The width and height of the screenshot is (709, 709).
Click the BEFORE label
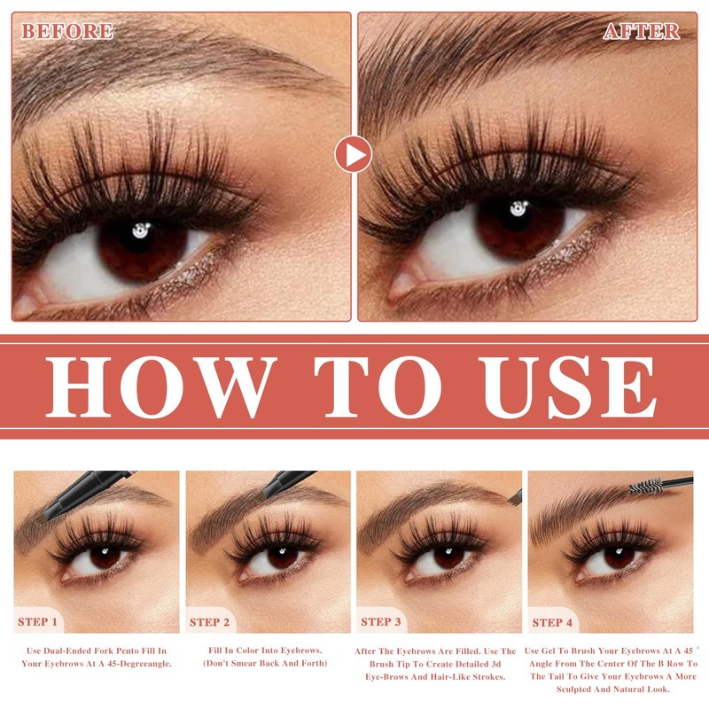[x=67, y=31]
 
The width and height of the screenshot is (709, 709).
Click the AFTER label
[x=641, y=31]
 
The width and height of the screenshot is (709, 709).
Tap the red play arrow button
[x=354, y=154]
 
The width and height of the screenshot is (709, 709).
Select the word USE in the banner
[x=569, y=386]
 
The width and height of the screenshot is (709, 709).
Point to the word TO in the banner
[x=378, y=386]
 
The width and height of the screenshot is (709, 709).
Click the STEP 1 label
[x=37, y=622]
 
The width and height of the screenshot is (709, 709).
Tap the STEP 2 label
[x=209, y=622]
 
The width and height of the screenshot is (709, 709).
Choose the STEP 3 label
[x=381, y=622]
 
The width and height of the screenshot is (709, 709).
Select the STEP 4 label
[x=552, y=623]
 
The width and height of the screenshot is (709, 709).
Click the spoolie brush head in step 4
[x=646, y=486]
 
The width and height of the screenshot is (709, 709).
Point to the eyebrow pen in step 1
[x=82, y=495]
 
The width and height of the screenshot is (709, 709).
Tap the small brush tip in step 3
[x=515, y=497]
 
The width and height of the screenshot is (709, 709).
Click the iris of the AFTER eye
[x=519, y=228]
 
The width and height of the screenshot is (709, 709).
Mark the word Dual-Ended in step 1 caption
[x=67, y=651]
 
